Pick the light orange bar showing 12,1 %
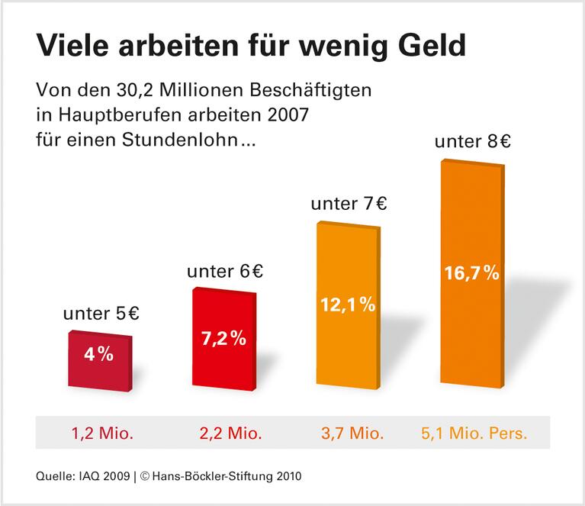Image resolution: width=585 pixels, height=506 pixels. pos(346,305)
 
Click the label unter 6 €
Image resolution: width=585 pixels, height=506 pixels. pos(225,271)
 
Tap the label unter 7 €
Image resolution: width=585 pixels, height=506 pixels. pos(349,204)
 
